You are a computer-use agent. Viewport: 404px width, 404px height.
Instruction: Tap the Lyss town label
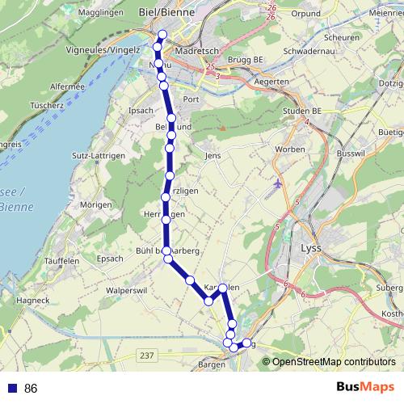click(x=312, y=249)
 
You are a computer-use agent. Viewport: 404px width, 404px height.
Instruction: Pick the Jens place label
click(x=213, y=155)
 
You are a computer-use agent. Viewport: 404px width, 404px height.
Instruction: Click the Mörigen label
click(x=95, y=205)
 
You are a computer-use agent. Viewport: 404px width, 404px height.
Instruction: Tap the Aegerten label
click(x=270, y=83)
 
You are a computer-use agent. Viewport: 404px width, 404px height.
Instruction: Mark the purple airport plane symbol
click(x=279, y=183)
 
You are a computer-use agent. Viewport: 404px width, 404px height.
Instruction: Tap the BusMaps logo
click(x=364, y=389)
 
